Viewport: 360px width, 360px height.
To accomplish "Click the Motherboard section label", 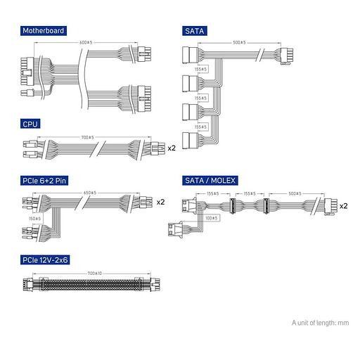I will tap(44, 31).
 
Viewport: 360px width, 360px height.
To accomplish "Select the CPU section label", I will tap(30, 124).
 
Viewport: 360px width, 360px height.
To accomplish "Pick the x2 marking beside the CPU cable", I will tap(172, 148).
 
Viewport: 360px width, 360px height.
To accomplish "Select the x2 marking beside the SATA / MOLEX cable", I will tap(344, 207).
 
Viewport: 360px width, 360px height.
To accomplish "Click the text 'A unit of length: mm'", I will tap(320, 323).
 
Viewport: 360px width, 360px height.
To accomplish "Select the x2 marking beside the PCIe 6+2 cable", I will tap(160, 202).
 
